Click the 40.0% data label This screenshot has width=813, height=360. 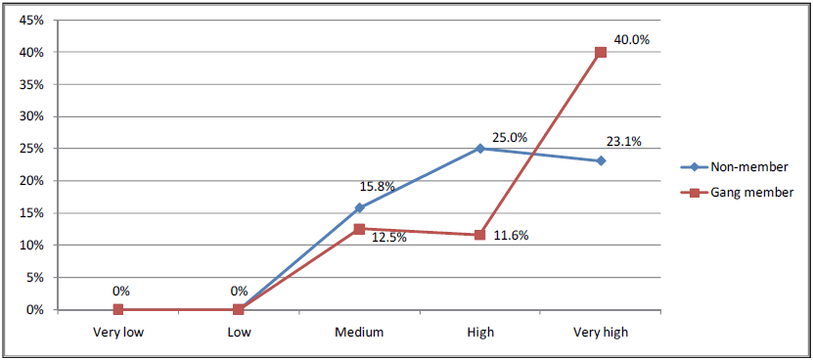631,40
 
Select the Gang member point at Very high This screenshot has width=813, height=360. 601,52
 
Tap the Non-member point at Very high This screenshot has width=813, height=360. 601,160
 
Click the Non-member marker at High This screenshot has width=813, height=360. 479,149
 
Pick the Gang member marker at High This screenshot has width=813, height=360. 479,235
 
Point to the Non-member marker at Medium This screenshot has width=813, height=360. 359,207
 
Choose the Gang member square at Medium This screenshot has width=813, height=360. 359,229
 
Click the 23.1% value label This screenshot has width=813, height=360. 623,141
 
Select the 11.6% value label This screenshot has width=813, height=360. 509,236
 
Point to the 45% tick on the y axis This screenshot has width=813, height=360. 32,20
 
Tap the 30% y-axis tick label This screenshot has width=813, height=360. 32,116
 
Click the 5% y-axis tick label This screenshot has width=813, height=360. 35,278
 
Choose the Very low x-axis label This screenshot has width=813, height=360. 118,333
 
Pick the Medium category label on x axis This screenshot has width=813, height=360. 359,333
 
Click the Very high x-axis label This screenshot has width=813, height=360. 601,333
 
